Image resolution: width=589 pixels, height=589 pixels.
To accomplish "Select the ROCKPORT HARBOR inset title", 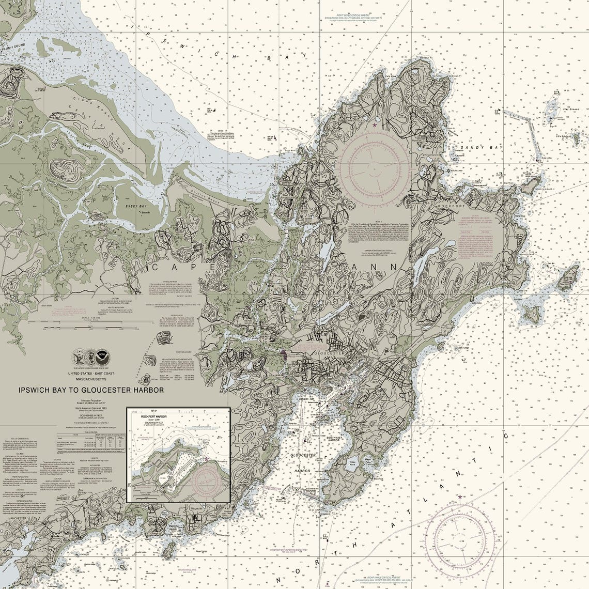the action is point(162,415).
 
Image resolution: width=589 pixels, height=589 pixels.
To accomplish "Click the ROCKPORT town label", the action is point(452,206).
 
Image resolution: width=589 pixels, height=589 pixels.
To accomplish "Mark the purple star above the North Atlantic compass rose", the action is point(459,497).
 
